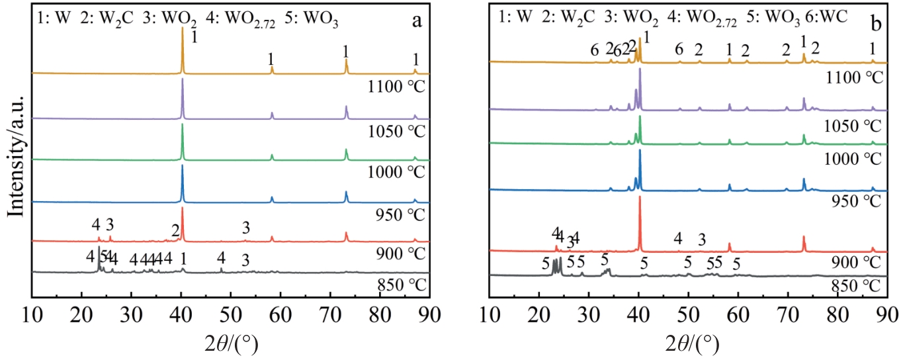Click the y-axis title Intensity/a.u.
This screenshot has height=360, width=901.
click(x=15, y=152)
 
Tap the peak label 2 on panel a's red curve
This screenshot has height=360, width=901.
click(x=175, y=230)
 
